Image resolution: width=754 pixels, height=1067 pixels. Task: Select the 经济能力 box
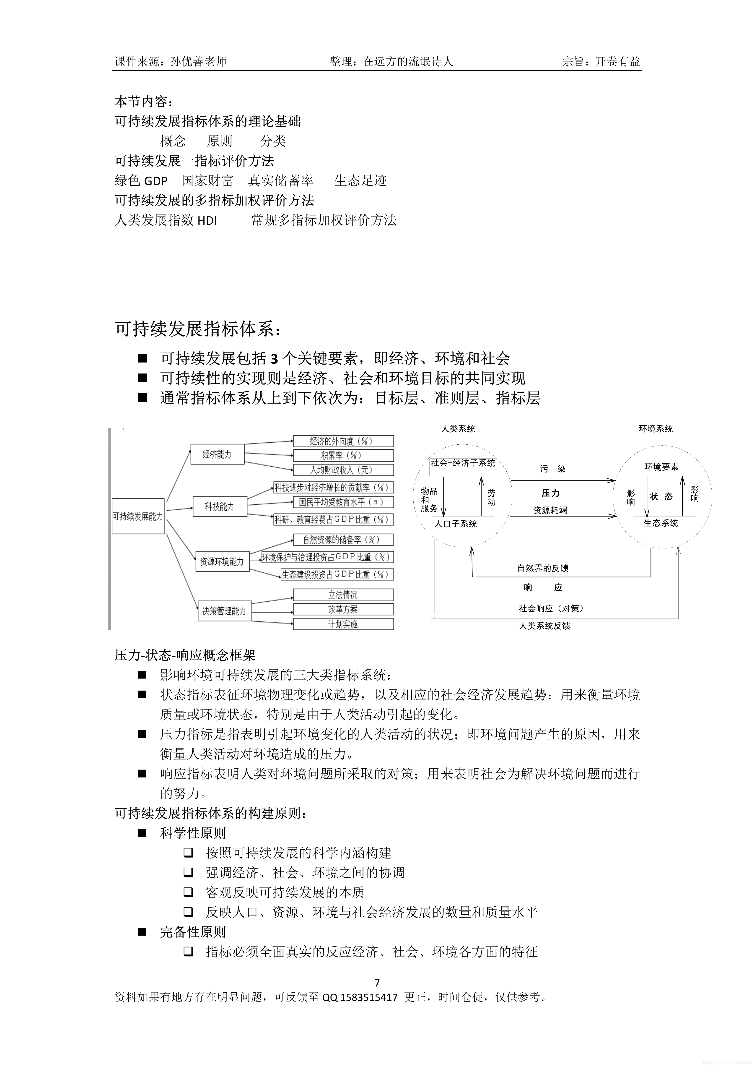click(217, 454)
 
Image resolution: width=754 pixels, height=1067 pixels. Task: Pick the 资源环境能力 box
click(222, 561)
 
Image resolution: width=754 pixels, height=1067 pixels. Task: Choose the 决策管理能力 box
click(224, 611)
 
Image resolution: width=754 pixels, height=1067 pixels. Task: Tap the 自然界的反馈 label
click(543, 568)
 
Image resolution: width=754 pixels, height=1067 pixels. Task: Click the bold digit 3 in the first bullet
click(275, 358)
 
